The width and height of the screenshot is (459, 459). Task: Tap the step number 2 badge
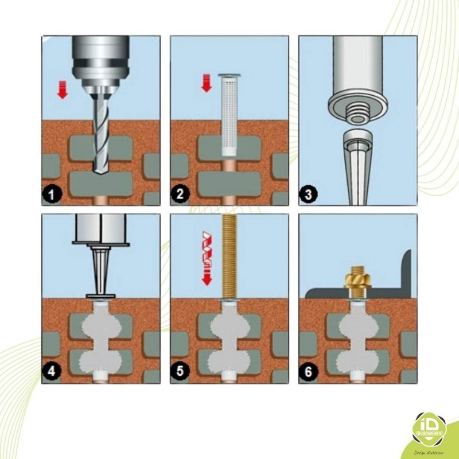(x=181, y=195)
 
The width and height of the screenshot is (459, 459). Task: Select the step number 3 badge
(x=309, y=195)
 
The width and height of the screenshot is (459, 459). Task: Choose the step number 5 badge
(x=181, y=372)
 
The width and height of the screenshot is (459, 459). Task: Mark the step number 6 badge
(x=309, y=372)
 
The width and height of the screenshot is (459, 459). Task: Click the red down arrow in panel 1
(x=63, y=90)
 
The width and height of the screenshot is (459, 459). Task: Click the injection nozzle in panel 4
(x=101, y=270)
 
